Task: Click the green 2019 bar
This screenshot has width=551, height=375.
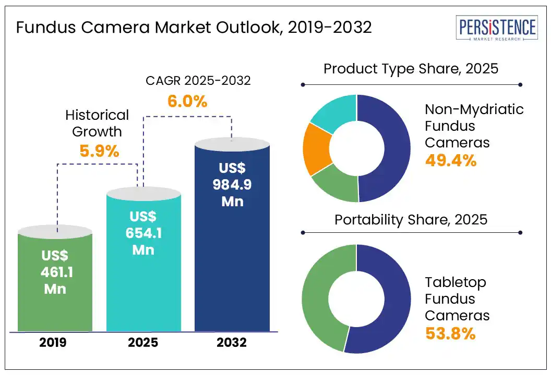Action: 55,307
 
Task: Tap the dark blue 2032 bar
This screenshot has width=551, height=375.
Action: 232,271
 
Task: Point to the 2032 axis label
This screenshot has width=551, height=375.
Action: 232,343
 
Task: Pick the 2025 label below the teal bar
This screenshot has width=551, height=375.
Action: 143,343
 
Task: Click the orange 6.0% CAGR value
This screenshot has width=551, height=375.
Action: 187,101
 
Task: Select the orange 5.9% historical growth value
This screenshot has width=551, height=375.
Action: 99,151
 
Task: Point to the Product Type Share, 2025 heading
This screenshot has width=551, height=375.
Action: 411,69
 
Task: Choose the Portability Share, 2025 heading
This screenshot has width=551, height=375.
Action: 411,219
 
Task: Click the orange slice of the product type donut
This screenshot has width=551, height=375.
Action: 317,149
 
